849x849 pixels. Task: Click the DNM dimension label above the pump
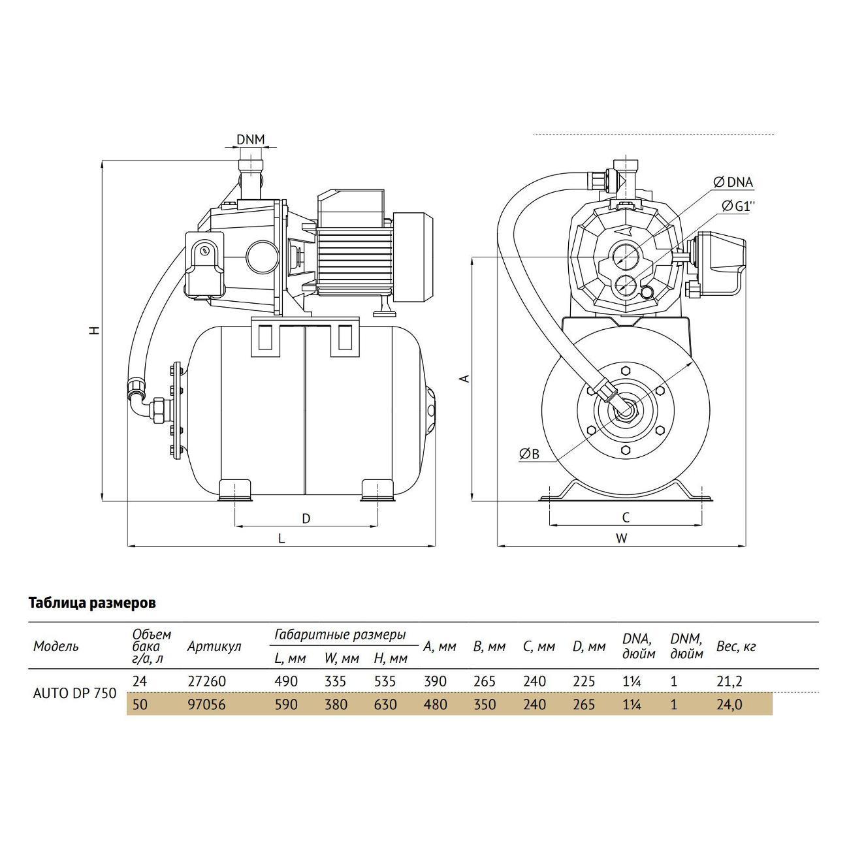(251, 139)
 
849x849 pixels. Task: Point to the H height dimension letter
(95, 331)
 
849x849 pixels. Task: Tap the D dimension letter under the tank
(306, 519)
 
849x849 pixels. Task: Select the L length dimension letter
(281, 538)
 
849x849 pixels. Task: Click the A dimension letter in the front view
(464, 378)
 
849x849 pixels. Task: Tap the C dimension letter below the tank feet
(625, 518)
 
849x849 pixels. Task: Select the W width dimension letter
(622, 538)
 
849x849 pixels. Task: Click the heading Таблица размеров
(92, 603)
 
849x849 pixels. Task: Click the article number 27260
(206, 681)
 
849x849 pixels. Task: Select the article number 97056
(206, 705)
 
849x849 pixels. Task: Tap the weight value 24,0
(729, 705)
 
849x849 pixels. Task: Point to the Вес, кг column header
(735, 647)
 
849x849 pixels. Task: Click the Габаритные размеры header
(340, 635)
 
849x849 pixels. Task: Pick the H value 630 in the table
(385, 705)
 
